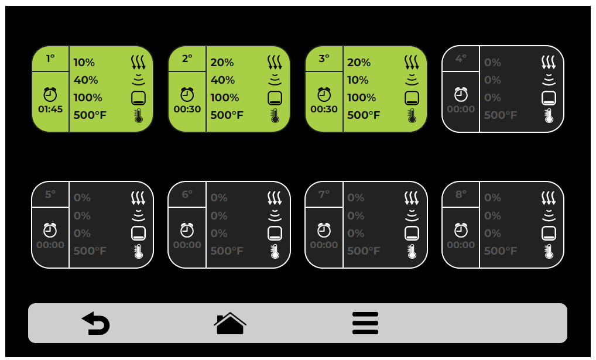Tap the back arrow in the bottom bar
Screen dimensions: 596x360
click(96, 324)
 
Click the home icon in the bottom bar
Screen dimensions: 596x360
click(230, 323)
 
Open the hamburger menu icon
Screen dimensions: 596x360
click(365, 323)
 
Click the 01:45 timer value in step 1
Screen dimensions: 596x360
click(50, 109)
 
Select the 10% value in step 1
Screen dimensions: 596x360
click(84, 63)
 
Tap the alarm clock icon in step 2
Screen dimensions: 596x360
click(187, 94)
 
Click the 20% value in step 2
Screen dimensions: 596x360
click(222, 63)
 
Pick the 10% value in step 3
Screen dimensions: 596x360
click(358, 80)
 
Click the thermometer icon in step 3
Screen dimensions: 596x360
click(412, 115)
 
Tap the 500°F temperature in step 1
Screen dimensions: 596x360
click(90, 115)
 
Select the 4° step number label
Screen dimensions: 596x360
click(461, 59)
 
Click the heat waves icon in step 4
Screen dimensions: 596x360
click(549, 62)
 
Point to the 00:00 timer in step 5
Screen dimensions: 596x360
click(50, 245)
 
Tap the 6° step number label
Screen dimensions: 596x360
click(187, 194)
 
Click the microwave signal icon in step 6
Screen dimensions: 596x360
click(275, 215)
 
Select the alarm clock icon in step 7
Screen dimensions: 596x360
click(324, 230)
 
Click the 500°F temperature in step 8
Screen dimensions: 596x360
click(500, 251)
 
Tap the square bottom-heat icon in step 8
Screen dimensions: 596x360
click(549, 234)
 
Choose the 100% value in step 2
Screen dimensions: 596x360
click(225, 98)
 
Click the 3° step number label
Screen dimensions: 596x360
click(324, 59)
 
